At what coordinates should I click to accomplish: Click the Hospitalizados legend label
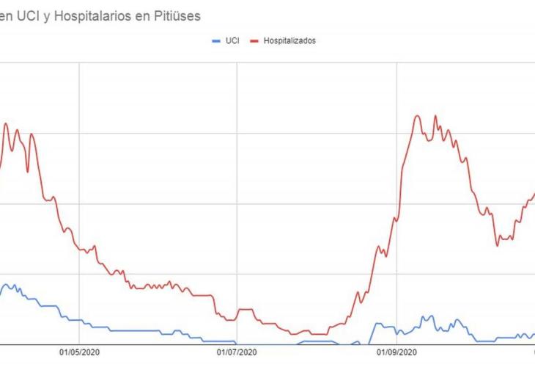coord(290,41)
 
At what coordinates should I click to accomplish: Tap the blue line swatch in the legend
coord(216,41)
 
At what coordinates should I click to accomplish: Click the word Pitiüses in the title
coord(174,15)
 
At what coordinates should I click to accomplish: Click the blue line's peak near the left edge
coord(7,284)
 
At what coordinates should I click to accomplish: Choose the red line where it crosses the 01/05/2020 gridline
coord(79,250)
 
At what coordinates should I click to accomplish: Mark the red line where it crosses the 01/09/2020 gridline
coord(396,218)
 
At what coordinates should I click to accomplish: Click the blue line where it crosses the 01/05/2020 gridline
coord(79,320)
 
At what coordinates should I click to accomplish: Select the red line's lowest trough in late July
coord(293,335)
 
